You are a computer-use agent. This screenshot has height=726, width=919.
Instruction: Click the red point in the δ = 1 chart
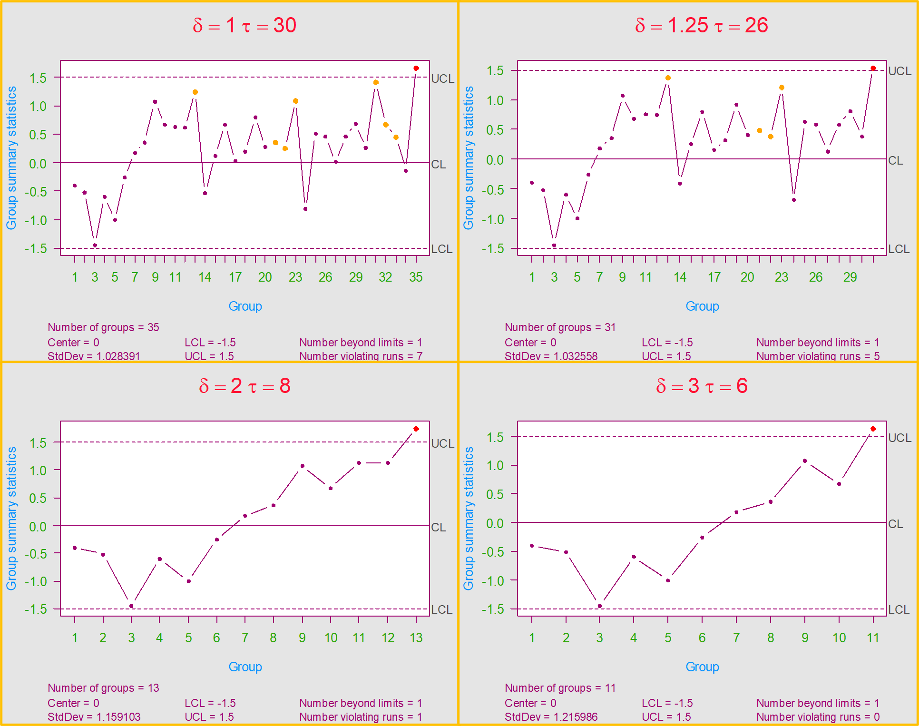point(416,69)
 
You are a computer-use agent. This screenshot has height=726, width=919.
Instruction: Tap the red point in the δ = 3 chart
point(873,429)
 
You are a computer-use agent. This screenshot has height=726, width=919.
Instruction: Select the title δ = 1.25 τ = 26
point(702,25)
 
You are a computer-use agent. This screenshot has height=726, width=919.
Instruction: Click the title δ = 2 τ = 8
point(244,386)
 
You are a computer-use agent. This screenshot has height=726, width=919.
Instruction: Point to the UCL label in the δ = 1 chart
point(442,78)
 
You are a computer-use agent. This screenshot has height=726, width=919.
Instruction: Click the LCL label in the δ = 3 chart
point(899,609)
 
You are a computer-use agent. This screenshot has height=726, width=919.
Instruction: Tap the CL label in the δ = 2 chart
point(438,527)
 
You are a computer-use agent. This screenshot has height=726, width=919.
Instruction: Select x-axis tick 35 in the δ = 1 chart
point(416,277)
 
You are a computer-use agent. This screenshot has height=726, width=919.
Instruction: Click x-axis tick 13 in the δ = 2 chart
point(416,638)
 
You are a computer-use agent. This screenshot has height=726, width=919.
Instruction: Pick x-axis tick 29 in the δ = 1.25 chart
point(850,277)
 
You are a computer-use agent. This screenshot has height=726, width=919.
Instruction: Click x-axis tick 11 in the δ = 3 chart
point(873,638)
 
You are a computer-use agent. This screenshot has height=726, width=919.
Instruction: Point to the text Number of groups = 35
point(103,327)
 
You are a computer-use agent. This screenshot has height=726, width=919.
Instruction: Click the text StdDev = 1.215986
point(551,717)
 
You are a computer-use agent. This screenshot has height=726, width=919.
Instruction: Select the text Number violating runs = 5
point(818,356)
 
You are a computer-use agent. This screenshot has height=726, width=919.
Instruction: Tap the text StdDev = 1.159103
point(94,717)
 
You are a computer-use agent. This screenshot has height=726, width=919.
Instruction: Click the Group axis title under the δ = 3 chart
point(702,667)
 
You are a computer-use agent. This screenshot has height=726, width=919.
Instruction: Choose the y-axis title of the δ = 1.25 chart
point(469,158)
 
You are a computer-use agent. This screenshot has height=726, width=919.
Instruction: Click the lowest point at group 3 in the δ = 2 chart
point(132,606)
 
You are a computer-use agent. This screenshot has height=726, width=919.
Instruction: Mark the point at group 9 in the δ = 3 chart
point(805,461)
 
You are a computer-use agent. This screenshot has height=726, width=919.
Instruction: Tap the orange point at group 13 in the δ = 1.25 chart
point(668,78)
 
